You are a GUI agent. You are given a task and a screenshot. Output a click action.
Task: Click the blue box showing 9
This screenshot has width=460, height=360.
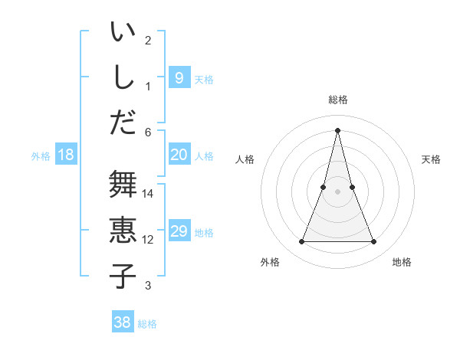point(179,77)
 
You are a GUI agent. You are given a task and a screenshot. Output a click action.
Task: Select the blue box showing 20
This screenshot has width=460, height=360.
point(179,155)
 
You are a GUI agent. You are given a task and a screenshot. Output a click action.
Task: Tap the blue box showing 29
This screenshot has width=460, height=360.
point(179,231)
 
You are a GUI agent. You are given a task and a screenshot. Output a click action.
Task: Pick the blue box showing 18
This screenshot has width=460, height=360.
point(66,155)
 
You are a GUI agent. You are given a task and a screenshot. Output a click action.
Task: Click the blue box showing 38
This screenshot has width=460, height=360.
point(122,322)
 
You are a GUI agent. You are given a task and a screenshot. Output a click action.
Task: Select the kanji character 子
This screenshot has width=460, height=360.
point(122,277)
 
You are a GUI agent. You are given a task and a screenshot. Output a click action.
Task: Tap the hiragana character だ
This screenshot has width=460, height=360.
point(122,123)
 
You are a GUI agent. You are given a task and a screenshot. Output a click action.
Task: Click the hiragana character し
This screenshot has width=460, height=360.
point(122,77)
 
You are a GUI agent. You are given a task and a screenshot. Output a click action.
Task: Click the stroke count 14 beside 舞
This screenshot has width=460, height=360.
point(148,193)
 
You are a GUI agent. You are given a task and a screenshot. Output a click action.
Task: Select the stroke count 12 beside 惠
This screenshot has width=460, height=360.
point(148,240)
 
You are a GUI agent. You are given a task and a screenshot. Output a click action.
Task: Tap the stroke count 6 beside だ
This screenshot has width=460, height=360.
point(148,132)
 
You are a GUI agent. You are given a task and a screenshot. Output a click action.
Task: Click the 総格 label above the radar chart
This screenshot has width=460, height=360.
point(337,100)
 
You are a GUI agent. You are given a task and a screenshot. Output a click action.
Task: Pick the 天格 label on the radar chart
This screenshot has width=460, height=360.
point(431,159)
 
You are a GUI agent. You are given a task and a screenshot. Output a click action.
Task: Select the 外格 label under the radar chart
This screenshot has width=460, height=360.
point(270,262)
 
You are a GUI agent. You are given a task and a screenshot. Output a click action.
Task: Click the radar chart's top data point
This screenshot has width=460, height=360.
point(337,129)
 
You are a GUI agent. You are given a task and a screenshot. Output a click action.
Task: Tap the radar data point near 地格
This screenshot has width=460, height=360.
point(374,242)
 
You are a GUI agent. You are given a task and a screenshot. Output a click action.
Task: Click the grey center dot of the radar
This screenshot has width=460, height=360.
point(337,191)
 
